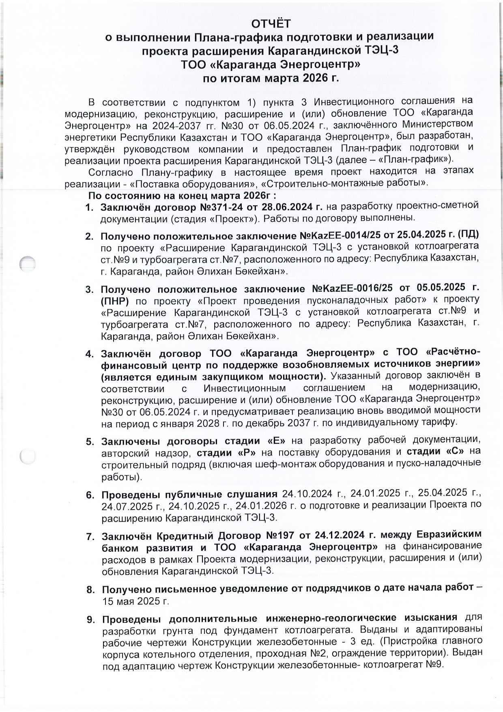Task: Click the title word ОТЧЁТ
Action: (x=271, y=24)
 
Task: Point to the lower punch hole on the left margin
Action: (x=28, y=457)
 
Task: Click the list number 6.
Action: (x=90, y=495)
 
